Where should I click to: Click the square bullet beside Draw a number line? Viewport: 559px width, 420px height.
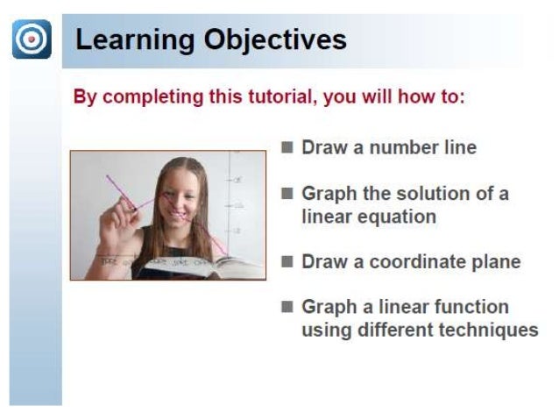pos(287,147)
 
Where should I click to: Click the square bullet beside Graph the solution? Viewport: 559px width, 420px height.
pos(287,193)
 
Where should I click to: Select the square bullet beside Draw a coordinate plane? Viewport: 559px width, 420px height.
pos(287,261)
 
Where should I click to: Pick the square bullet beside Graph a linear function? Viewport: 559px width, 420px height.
pos(287,307)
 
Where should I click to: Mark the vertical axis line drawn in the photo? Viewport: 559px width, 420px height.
pos(230,206)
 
